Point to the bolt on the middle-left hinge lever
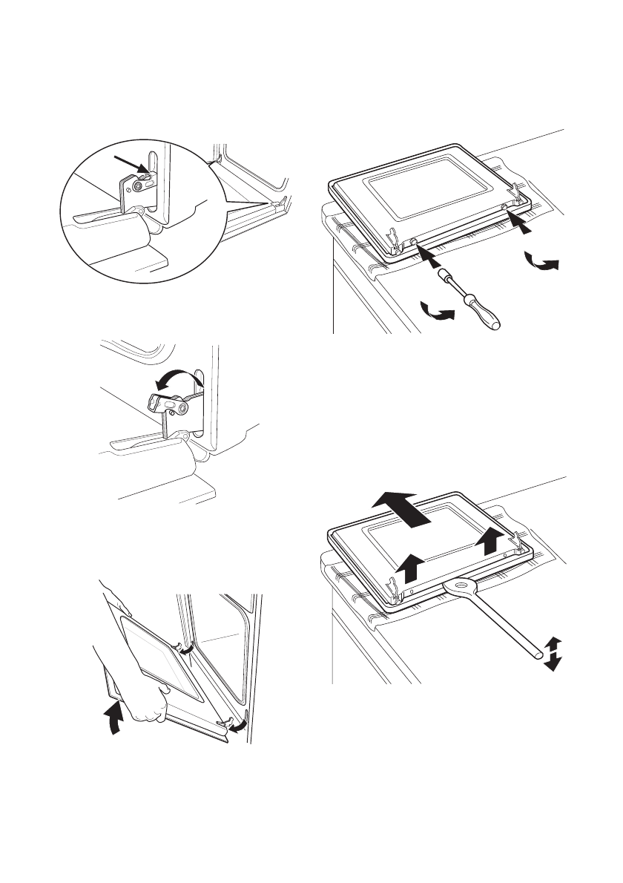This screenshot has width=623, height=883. tap(181, 407)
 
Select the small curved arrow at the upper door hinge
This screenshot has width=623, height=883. tap(189, 648)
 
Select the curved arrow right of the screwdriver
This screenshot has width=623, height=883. tap(541, 263)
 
